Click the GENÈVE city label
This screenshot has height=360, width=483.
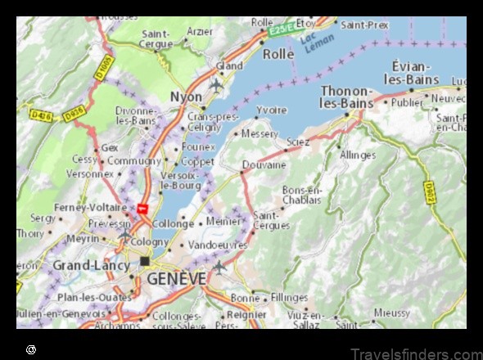point(176,279)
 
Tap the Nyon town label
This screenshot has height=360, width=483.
point(185,96)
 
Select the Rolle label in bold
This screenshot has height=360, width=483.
point(278,53)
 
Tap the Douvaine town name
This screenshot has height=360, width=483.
point(264,164)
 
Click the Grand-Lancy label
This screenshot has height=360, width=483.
point(91,265)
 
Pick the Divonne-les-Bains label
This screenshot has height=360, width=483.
point(136,115)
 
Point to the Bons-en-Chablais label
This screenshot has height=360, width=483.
point(302,195)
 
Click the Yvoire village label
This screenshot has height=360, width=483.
point(272,110)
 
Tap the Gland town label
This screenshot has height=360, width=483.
point(230,65)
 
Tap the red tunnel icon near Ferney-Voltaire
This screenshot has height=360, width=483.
point(142,209)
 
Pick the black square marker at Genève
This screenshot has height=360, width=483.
point(145,261)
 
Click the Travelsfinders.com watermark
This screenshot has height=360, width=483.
point(418,352)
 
